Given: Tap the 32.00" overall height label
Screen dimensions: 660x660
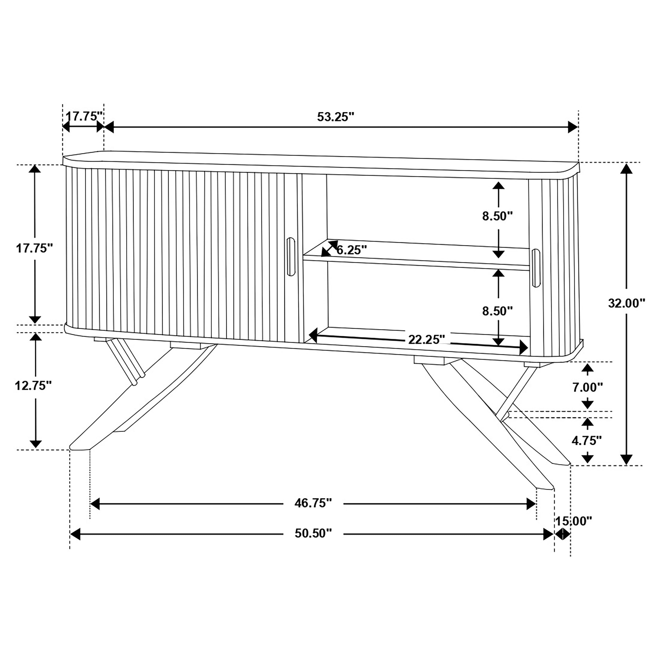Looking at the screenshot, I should click(626, 303).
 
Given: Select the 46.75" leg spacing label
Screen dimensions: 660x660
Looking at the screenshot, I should click(313, 503).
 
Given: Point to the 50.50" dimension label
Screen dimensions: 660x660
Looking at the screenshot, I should click(313, 533).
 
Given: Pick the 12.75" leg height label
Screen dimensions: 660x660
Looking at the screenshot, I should click(33, 386).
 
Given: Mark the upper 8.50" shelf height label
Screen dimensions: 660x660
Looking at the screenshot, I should click(498, 216).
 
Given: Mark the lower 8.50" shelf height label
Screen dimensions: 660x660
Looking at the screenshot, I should click(498, 311).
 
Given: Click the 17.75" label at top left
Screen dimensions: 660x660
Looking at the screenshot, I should click(84, 116).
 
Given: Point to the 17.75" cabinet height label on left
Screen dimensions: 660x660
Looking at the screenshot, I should click(35, 248).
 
